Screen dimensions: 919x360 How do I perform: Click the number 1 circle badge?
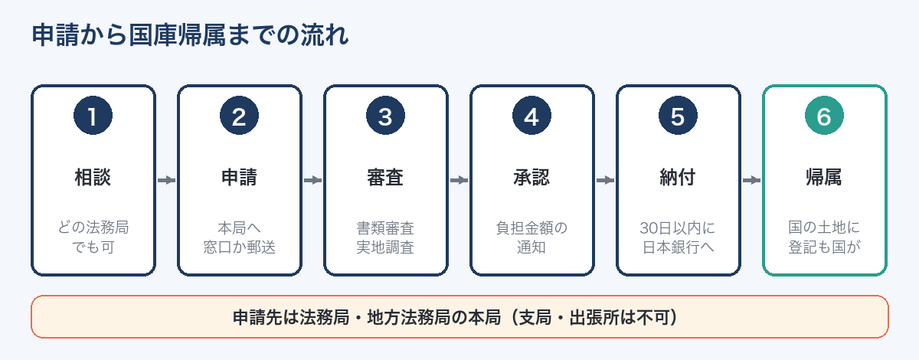[93, 116]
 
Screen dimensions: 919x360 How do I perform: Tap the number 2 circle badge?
[239, 116]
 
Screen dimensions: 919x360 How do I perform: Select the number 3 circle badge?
[386, 116]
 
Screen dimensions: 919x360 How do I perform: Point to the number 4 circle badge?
[531, 116]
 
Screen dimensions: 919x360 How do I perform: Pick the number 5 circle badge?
[678, 116]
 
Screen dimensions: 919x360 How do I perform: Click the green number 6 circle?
[824, 116]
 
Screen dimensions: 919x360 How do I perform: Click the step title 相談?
[93, 178]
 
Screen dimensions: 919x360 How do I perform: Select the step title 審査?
[386, 178]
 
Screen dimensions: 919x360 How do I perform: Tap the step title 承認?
[531, 178]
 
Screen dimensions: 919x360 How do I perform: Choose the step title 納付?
[678, 178]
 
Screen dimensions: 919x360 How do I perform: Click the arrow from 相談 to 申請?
[167, 180]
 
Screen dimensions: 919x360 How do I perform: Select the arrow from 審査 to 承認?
[459, 180]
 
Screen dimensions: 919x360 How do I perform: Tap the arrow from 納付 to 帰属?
[751, 180]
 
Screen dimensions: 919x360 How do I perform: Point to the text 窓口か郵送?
[239, 247]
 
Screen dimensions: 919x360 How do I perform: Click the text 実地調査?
[386, 247]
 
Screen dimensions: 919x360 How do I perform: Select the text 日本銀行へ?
[678, 247]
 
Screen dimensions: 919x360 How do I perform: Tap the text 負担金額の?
[531, 227]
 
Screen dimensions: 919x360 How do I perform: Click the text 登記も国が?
[824, 247]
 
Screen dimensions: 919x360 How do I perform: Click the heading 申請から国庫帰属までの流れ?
[191, 35]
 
